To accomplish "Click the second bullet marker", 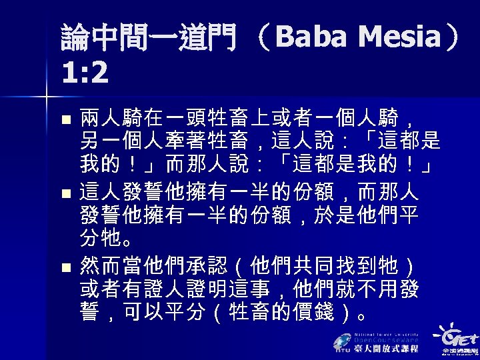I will tap(64, 196).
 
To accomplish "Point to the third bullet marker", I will tap(64, 269).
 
